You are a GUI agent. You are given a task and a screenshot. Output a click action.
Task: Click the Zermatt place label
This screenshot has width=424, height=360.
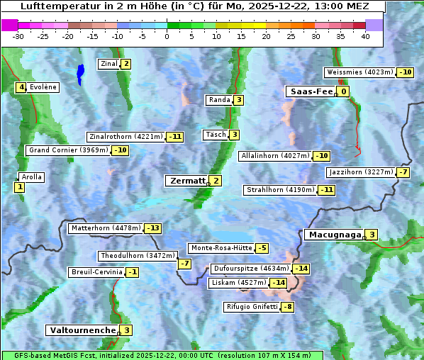[186, 181]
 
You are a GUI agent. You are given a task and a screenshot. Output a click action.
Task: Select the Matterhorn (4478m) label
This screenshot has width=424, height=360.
[105, 228]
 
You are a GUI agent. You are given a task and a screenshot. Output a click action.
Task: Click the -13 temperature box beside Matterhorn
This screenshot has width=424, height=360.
[152, 228]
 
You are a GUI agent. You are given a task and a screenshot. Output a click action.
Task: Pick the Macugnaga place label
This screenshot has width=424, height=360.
[333, 235]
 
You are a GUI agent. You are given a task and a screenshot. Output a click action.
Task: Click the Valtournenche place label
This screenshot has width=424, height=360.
[82, 330]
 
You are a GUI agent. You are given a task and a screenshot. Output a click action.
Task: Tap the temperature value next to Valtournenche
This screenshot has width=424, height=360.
[126, 330]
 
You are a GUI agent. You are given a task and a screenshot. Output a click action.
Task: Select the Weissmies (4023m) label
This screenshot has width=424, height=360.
[359, 72]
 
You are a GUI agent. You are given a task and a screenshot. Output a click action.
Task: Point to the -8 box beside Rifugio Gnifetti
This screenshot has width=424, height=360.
[287, 307]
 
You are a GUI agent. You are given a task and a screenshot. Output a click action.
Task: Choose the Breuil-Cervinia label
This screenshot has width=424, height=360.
[96, 272]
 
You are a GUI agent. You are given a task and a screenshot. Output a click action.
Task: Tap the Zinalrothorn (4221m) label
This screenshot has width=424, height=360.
[125, 137]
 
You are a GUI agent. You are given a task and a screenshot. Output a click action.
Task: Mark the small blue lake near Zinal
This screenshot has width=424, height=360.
[80, 73]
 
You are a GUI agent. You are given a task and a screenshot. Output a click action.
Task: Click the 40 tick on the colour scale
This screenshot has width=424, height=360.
[365, 36]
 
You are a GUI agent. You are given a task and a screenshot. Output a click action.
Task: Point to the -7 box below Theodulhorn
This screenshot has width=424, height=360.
[184, 264]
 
